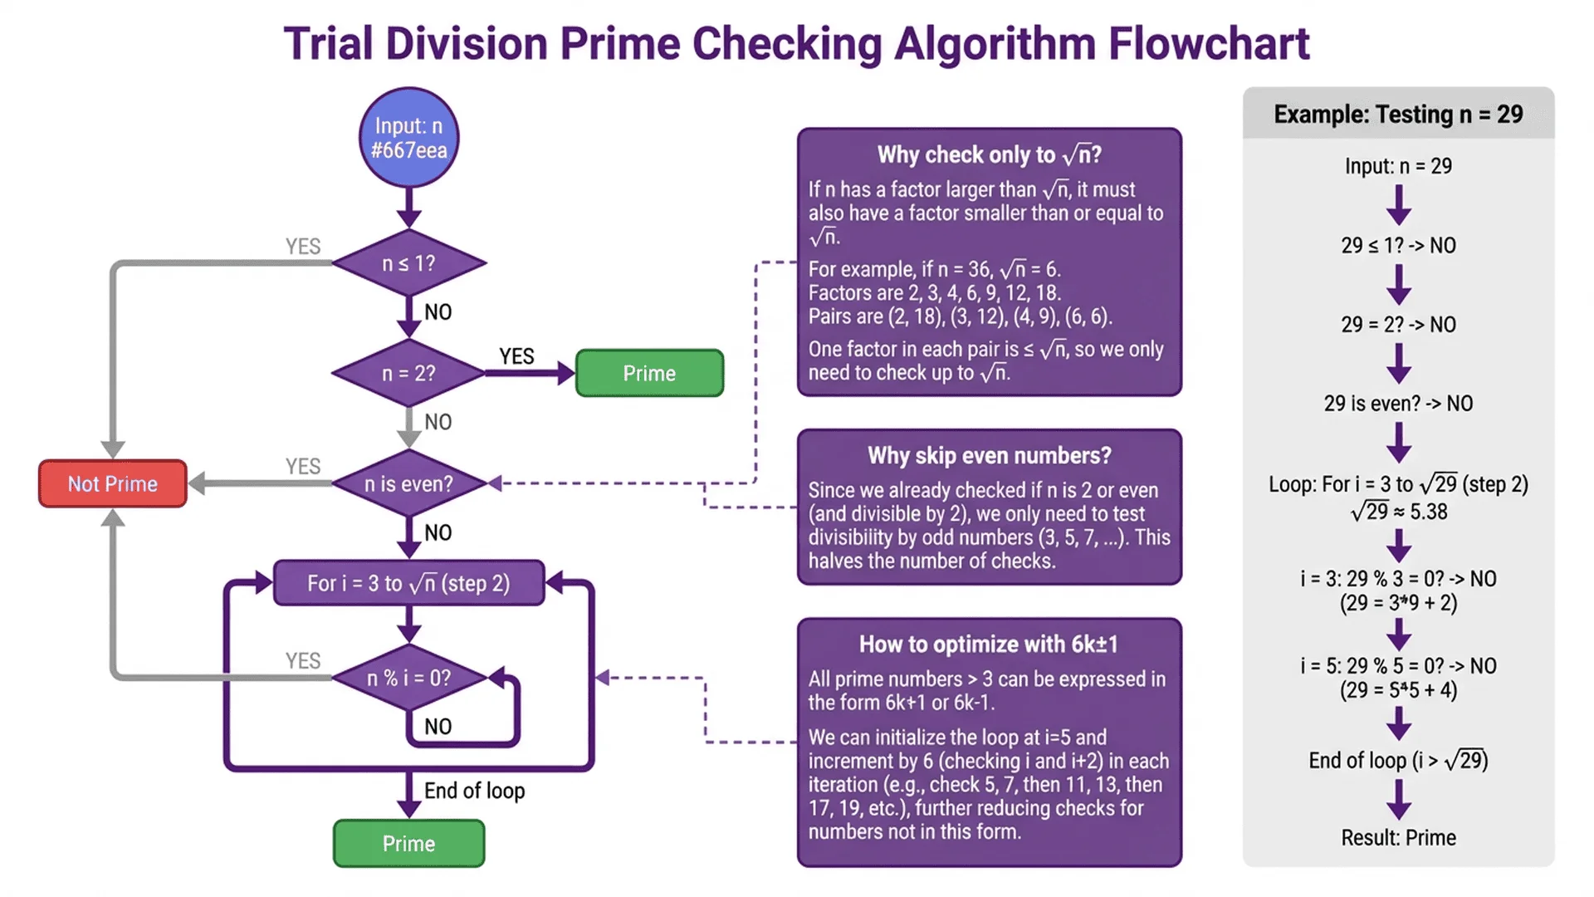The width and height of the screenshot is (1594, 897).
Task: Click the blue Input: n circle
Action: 408,138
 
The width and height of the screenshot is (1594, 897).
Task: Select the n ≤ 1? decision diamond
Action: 408,263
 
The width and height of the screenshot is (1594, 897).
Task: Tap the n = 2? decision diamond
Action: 408,374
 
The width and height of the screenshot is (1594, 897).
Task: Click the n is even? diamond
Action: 408,483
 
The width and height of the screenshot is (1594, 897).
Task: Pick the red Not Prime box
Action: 113,483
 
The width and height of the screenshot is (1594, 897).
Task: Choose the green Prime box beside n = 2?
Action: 649,374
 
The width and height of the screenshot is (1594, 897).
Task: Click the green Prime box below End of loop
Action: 408,844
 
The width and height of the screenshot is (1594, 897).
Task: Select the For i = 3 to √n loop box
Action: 408,583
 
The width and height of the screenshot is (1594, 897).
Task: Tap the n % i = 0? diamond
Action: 408,678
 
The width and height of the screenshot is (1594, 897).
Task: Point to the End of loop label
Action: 474,791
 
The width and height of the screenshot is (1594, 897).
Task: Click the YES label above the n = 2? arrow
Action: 516,356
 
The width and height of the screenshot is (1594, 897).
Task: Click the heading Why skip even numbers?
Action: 989,455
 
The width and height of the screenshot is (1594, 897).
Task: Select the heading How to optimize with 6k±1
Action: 989,645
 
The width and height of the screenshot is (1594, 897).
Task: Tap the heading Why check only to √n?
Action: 989,155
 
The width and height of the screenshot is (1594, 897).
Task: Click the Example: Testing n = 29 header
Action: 1398,114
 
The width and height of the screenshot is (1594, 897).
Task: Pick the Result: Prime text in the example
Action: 1398,837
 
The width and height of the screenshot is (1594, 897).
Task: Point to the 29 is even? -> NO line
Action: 1398,404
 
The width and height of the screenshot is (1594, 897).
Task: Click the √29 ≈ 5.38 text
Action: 1398,512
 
